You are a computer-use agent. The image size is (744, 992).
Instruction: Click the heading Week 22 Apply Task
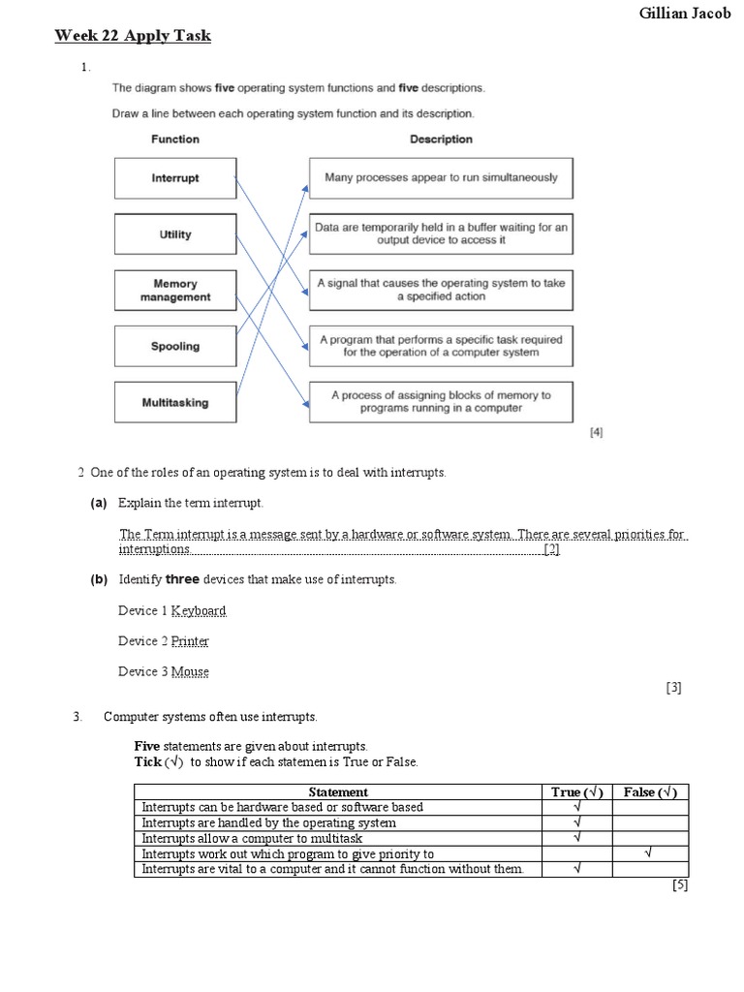click(132, 37)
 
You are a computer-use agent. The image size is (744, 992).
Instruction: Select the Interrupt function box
click(175, 178)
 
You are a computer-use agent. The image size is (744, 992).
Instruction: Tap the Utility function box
click(175, 234)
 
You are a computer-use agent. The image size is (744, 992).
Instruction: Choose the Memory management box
click(175, 291)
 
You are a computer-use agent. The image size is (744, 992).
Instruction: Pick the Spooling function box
click(175, 346)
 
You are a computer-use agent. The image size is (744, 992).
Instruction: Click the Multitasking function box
click(175, 402)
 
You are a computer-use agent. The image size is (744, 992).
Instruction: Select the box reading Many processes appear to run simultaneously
click(441, 178)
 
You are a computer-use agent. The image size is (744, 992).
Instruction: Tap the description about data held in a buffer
click(441, 233)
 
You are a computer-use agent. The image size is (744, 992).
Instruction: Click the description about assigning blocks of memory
click(441, 402)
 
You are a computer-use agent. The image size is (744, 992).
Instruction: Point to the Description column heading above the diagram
click(441, 139)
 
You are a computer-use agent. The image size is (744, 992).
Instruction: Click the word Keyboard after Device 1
click(199, 611)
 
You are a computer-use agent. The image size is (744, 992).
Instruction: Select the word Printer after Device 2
click(190, 641)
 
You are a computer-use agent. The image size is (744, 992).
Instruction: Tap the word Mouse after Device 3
click(190, 671)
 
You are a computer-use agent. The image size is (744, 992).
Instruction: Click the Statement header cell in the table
click(337, 791)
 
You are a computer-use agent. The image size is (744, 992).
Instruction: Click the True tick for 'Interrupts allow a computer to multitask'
click(576, 838)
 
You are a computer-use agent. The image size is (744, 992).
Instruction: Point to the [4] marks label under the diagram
click(597, 433)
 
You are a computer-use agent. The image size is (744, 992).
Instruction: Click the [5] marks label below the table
click(679, 884)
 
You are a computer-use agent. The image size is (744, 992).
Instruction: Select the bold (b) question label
click(99, 579)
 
